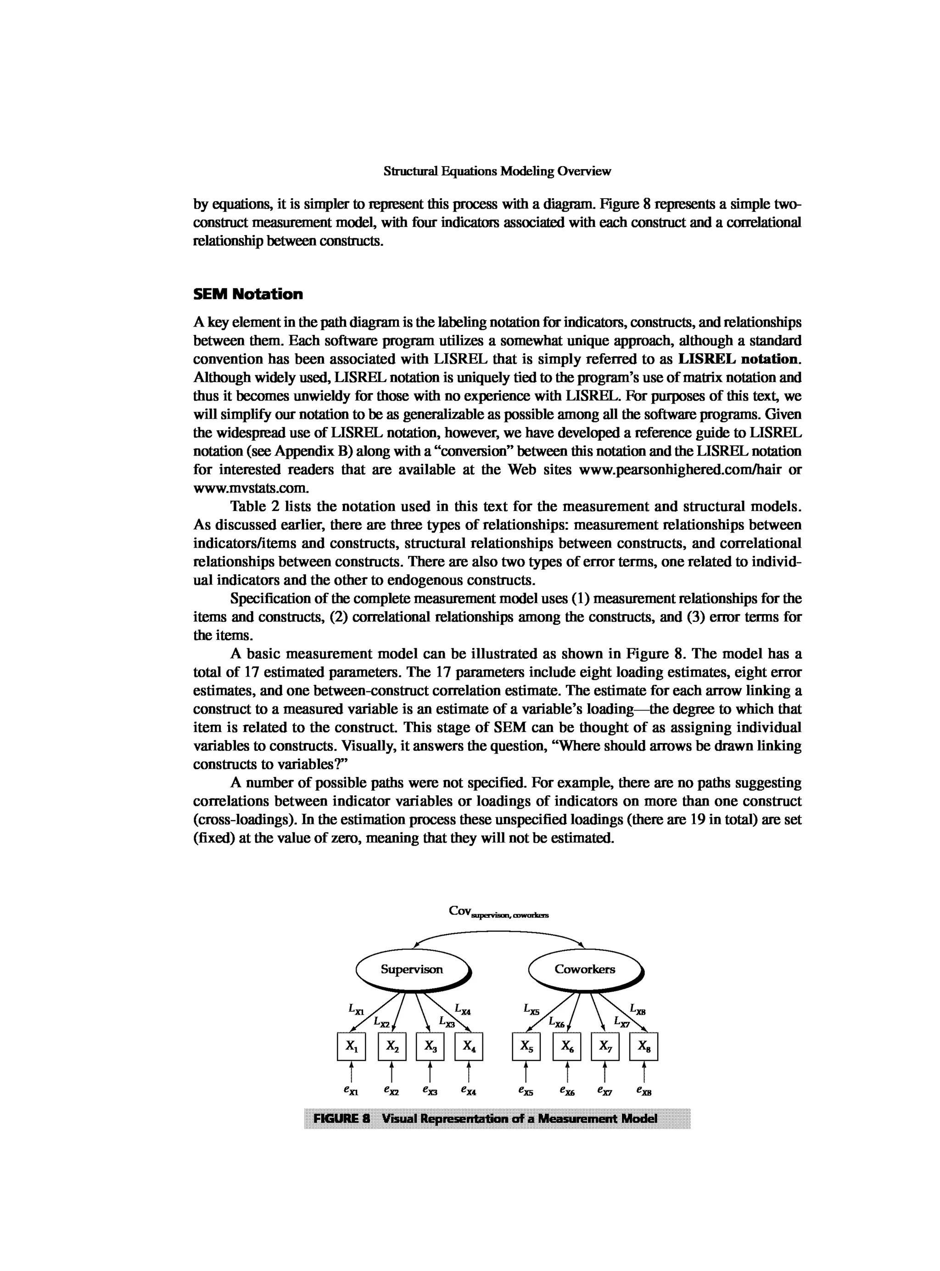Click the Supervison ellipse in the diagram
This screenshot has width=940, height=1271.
point(412,970)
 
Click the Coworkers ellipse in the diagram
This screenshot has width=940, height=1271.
point(585,970)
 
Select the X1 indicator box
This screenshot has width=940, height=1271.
point(351,1046)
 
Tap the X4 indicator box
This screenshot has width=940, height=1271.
point(468,1046)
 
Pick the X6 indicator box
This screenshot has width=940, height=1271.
point(567,1046)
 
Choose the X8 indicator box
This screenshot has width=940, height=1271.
point(643,1046)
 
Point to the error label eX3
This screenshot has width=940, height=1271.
point(430,1091)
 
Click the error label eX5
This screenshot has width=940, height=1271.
point(526,1091)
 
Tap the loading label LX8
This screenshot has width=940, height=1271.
point(638,1010)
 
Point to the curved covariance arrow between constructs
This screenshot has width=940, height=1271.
point(498,931)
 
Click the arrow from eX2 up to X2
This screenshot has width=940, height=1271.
point(392,1072)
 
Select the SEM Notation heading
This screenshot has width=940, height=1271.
point(248,294)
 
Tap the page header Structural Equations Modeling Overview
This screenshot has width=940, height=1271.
point(498,171)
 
